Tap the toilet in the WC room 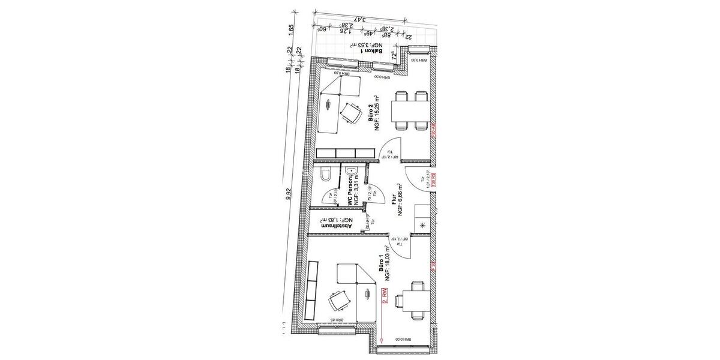click(325, 175)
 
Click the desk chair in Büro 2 click(349, 112)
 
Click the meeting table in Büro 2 click(410, 111)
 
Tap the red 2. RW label click(385, 296)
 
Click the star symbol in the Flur click(424, 226)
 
